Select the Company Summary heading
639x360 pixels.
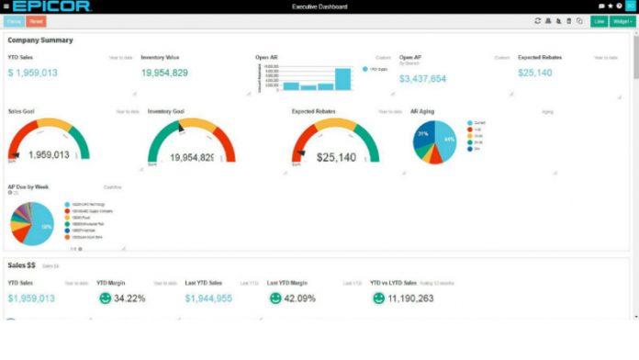[x=40, y=40]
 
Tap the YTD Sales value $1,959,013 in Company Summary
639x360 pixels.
[x=33, y=73]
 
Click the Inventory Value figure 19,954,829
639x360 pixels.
[x=164, y=73]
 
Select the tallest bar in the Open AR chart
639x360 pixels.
[x=342, y=80]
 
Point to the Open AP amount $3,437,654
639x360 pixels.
[x=423, y=79]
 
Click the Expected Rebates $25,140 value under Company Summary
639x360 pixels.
[x=534, y=73]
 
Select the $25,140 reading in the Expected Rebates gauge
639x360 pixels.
[x=336, y=157]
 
